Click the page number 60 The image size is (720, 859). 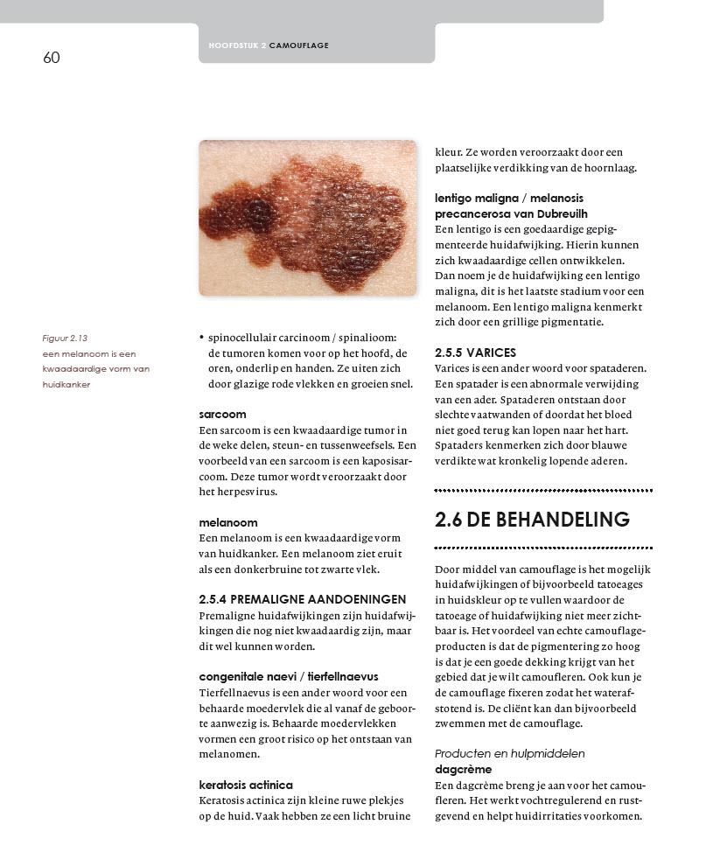(52, 58)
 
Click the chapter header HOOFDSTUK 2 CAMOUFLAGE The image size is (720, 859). (269, 45)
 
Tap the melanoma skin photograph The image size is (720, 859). (308, 218)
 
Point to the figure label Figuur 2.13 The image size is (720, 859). (65, 338)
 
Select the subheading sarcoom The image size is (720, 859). (222, 415)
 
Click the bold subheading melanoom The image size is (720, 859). (227, 523)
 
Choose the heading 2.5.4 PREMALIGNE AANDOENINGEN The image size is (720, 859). (302, 600)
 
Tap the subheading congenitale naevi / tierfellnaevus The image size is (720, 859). (288, 677)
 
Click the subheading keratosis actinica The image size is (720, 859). (245, 786)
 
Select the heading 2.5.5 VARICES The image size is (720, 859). (475, 353)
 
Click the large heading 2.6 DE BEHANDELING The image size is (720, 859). (532, 520)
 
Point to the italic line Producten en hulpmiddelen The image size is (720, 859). (509, 754)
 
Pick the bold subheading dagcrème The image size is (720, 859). (464, 770)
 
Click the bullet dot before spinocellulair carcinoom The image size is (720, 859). (202, 338)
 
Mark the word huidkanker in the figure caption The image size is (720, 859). (66, 385)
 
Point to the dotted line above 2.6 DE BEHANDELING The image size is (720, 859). (543, 491)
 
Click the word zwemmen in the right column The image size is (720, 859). (459, 724)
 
